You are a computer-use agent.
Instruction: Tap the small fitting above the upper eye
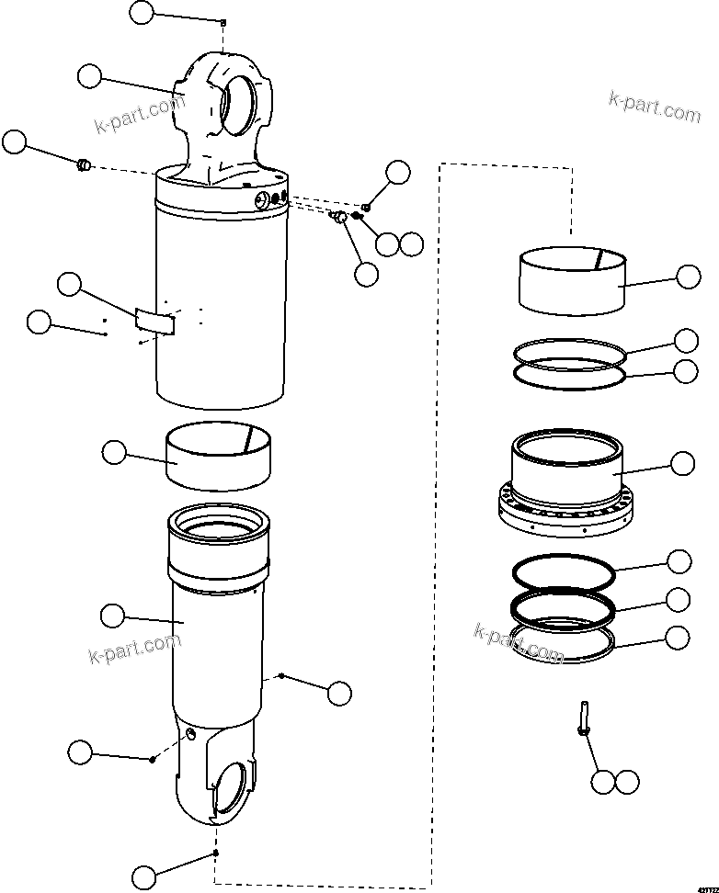coord(223,22)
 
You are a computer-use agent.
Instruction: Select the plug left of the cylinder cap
coord(83,165)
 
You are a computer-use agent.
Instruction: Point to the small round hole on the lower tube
coord(189,733)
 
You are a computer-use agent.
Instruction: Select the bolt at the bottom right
coord(583,717)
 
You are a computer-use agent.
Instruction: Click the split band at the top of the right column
coord(571,280)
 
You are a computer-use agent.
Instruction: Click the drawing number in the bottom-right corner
coord(703,885)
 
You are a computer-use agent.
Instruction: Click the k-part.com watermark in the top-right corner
coord(654,107)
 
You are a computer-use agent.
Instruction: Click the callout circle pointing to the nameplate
coord(69,284)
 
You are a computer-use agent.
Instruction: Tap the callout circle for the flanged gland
coord(682,463)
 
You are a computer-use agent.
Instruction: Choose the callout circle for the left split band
coord(113,451)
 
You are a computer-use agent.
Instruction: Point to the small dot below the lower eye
coord(215,853)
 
